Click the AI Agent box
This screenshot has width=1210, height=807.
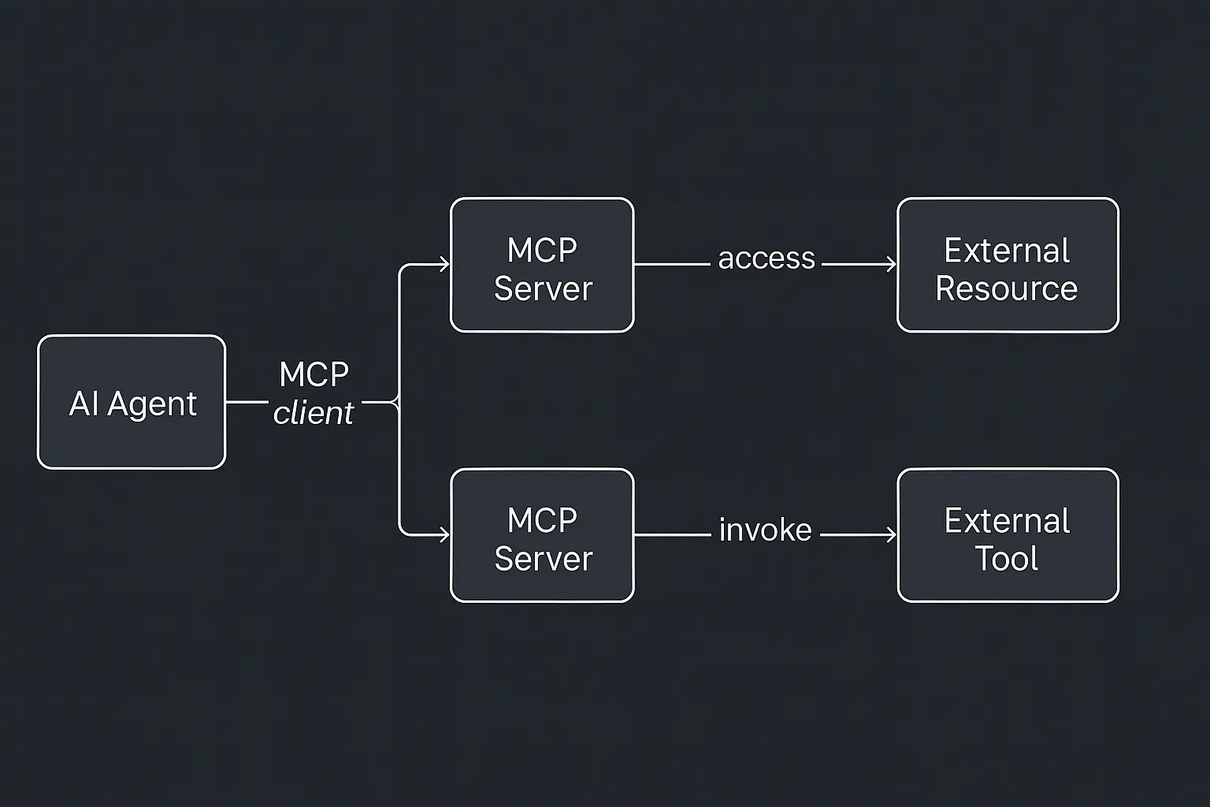pyautogui.click(x=132, y=402)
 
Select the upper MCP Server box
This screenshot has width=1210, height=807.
pyautogui.click(x=542, y=265)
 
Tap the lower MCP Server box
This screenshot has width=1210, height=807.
pyautogui.click(x=542, y=535)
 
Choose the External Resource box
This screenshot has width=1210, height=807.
pyautogui.click(x=1008, y=265)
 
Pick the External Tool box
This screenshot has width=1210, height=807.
pyautogui.click(x=1008, y=535)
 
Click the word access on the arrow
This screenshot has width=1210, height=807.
pyautogui.click(x=766, y=258)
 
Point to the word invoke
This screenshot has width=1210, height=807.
pyautogui.click(x=765, y=530)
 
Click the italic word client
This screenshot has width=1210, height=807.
pyautogui.click(x=314, y=413)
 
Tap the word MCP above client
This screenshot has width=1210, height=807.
pyautogui.click(x=314, y=374)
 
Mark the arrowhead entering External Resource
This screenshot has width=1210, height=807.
pyautogui.click(x=892, y=264)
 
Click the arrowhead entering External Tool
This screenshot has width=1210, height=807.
pyautogui.click(x=892, y=535)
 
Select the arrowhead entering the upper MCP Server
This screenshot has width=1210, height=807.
pyautogui.click(x=444, y=264)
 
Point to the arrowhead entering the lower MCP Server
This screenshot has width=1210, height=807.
pyautogui.click(x=444, y=535)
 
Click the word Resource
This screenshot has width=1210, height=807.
pyautogui.click(x=1006, y=288)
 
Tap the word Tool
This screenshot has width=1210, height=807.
pyautogui.click(x=1007, y=559)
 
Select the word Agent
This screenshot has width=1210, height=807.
pyautogui.click(x=152, y=404)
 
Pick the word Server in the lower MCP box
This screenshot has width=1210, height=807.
pyautogui.click(x=543, y=559)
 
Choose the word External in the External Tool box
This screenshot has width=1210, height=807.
pyautogui.click(x=1007, y=521)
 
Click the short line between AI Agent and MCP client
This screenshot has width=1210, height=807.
pyautogui.click(x=247, y=402)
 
